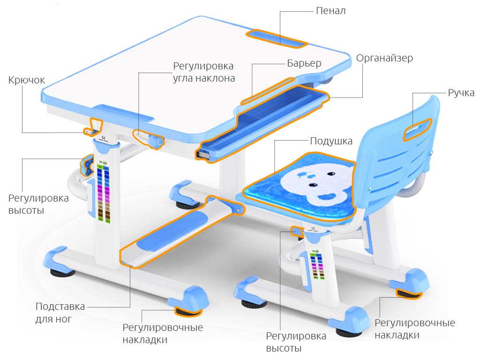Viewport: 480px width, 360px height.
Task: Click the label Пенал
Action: tap(331, 10)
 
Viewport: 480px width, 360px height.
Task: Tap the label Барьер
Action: tap(304, 63)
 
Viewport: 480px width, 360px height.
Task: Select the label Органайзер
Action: tap(384, 58)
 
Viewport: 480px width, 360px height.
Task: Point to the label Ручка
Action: tap(461, 92)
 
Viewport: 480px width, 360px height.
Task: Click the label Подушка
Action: tap(331, 141)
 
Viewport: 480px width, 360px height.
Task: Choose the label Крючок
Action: tap(27, 80)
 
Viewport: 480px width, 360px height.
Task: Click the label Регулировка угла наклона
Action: tap(203, 72)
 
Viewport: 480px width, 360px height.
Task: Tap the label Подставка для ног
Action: tap(60, 313)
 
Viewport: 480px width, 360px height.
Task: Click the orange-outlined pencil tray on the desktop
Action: tap(276, 37)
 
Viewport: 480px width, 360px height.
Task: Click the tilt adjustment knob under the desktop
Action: tap(155, 141)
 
